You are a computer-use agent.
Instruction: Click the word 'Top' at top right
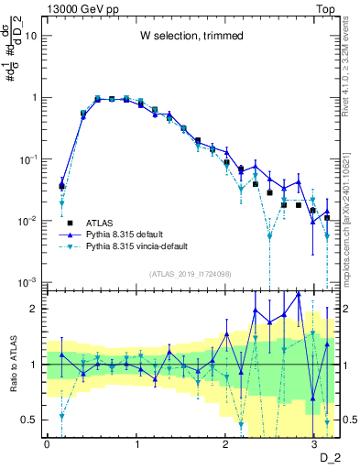coord(327,8)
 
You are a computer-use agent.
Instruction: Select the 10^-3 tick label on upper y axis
coord(29,281)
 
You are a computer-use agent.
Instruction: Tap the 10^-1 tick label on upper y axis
coord(29,158)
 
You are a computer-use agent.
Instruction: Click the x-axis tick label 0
coord(47,444)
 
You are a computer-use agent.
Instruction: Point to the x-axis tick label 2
coord(224,444)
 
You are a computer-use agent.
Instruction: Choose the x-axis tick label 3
coord(313,444)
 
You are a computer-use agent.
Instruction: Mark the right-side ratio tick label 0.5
coord(348,420)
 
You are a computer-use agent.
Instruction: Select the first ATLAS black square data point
coord(61,186)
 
